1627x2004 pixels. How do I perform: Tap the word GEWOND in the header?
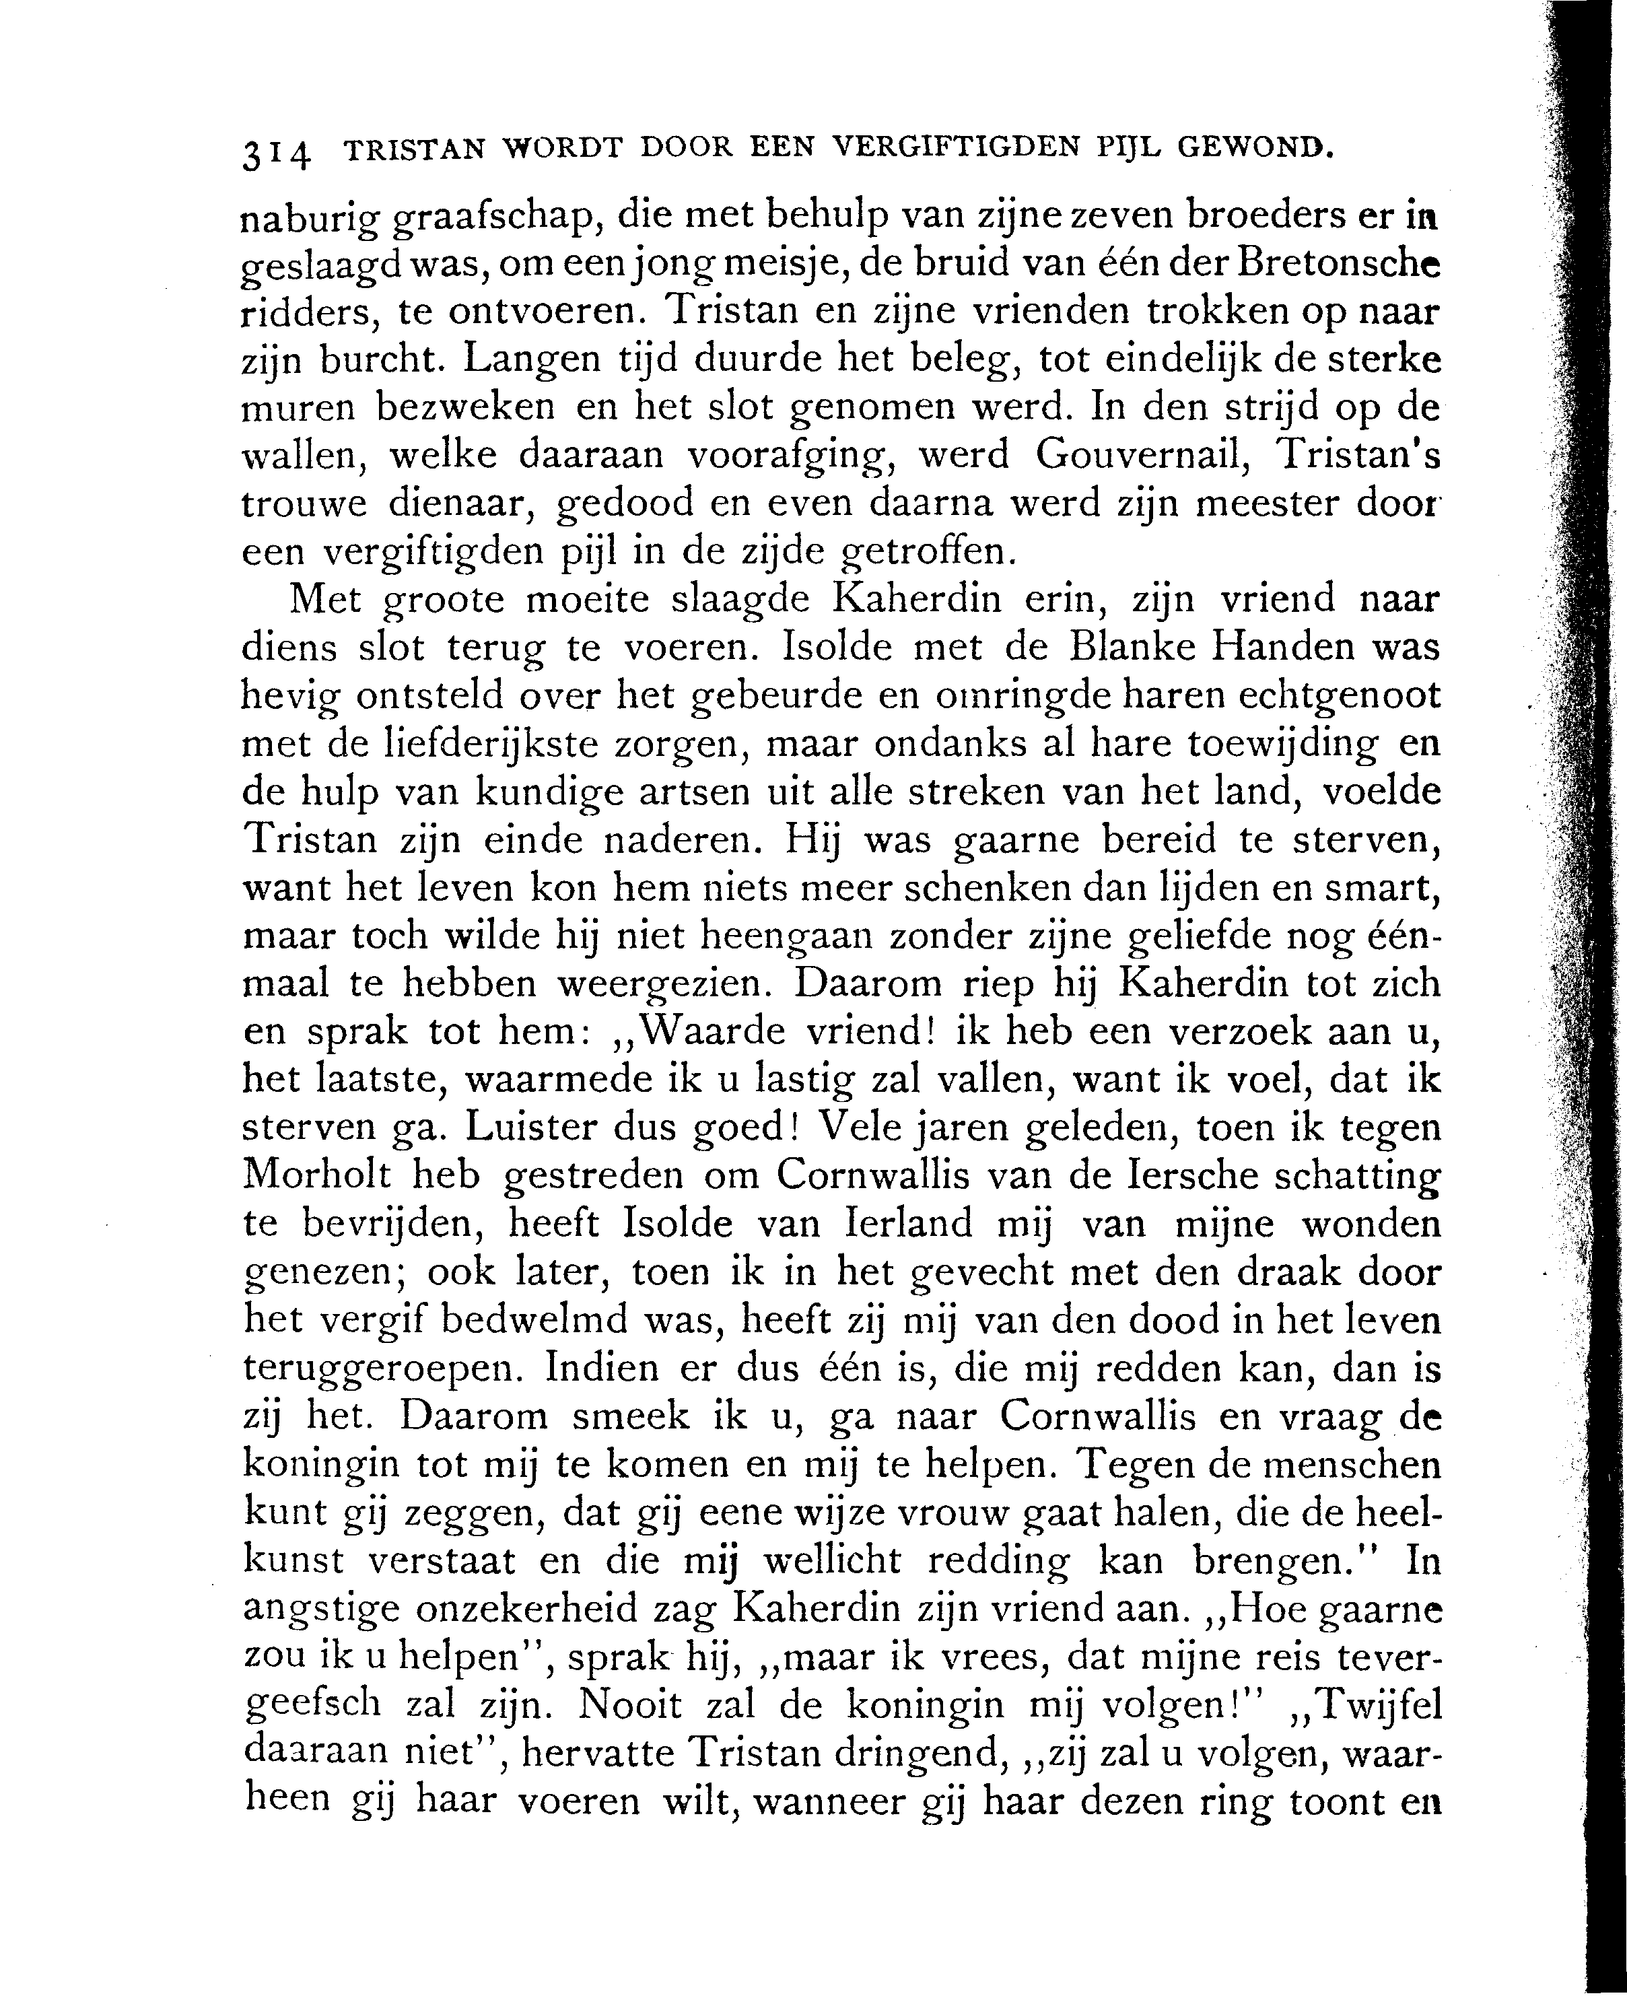[1254, 147]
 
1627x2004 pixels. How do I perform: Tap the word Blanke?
[1137, 648]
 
